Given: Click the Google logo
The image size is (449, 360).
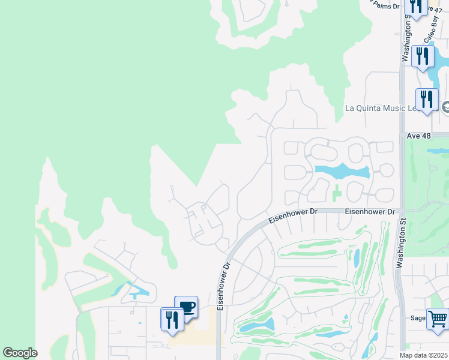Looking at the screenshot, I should click(20, 353).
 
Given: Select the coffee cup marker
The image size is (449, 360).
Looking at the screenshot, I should click(186, 307).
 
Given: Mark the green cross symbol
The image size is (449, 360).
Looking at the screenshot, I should click(336, 193).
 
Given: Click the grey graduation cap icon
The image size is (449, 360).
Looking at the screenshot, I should click(445, 107).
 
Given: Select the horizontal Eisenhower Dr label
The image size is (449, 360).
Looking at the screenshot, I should click(366, 212).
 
